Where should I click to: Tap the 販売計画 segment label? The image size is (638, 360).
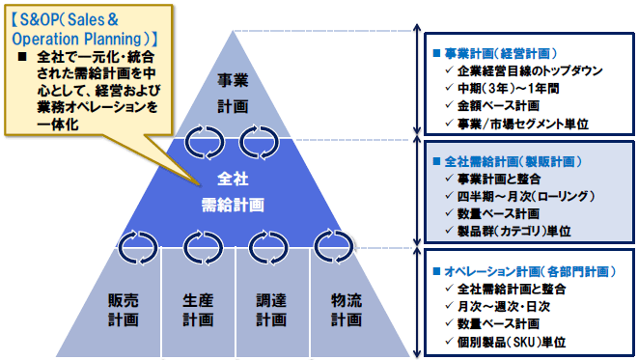coord(124,309)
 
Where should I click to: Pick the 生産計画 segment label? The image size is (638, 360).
coord(197,309)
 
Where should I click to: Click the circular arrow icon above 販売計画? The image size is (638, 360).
coord(137,247)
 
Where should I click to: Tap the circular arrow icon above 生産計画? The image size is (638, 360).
coord(203,247)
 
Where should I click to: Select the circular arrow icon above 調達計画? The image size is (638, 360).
coord(268,247)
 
